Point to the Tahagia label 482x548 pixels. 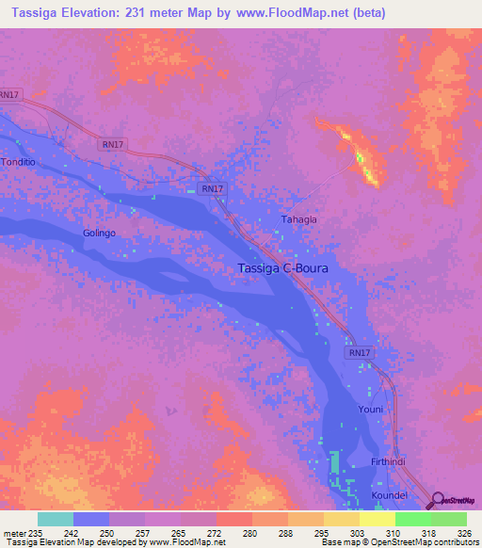coord(299,219)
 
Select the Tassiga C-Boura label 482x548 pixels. coord(285,268)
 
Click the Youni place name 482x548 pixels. coord(370,410)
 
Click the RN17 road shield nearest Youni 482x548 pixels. coord(360,353)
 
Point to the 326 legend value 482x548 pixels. coord(449,533)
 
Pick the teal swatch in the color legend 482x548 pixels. coord(56,519)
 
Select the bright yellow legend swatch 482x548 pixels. coord(378,519)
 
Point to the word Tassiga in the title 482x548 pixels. coord(33,13)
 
